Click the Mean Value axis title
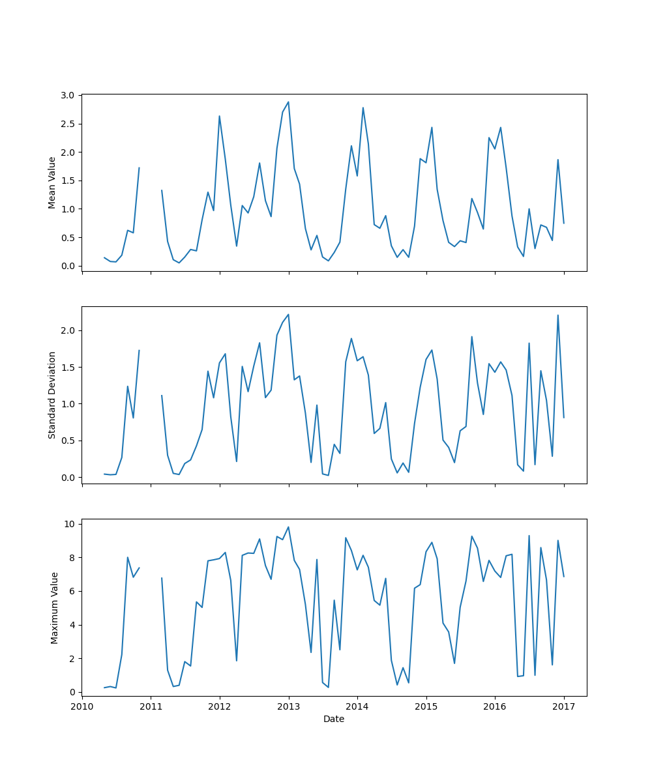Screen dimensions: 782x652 [52, 182]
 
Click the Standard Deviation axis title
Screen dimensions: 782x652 [52, 395]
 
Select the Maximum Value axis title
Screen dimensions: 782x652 [55, 607]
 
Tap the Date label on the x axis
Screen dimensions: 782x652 [334, 719]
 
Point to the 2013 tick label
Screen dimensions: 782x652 [289, 706]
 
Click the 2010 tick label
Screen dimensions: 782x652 [82, 706]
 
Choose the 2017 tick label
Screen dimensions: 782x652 [564, 706]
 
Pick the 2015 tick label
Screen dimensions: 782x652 [426, 706]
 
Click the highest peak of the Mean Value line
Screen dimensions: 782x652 [288, 102]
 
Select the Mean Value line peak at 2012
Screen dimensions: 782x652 [219, 116]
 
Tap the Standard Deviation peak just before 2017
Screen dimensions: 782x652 [558, 315]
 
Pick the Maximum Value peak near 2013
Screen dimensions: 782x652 [288, 527]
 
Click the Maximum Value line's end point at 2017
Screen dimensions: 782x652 [564, 577]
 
